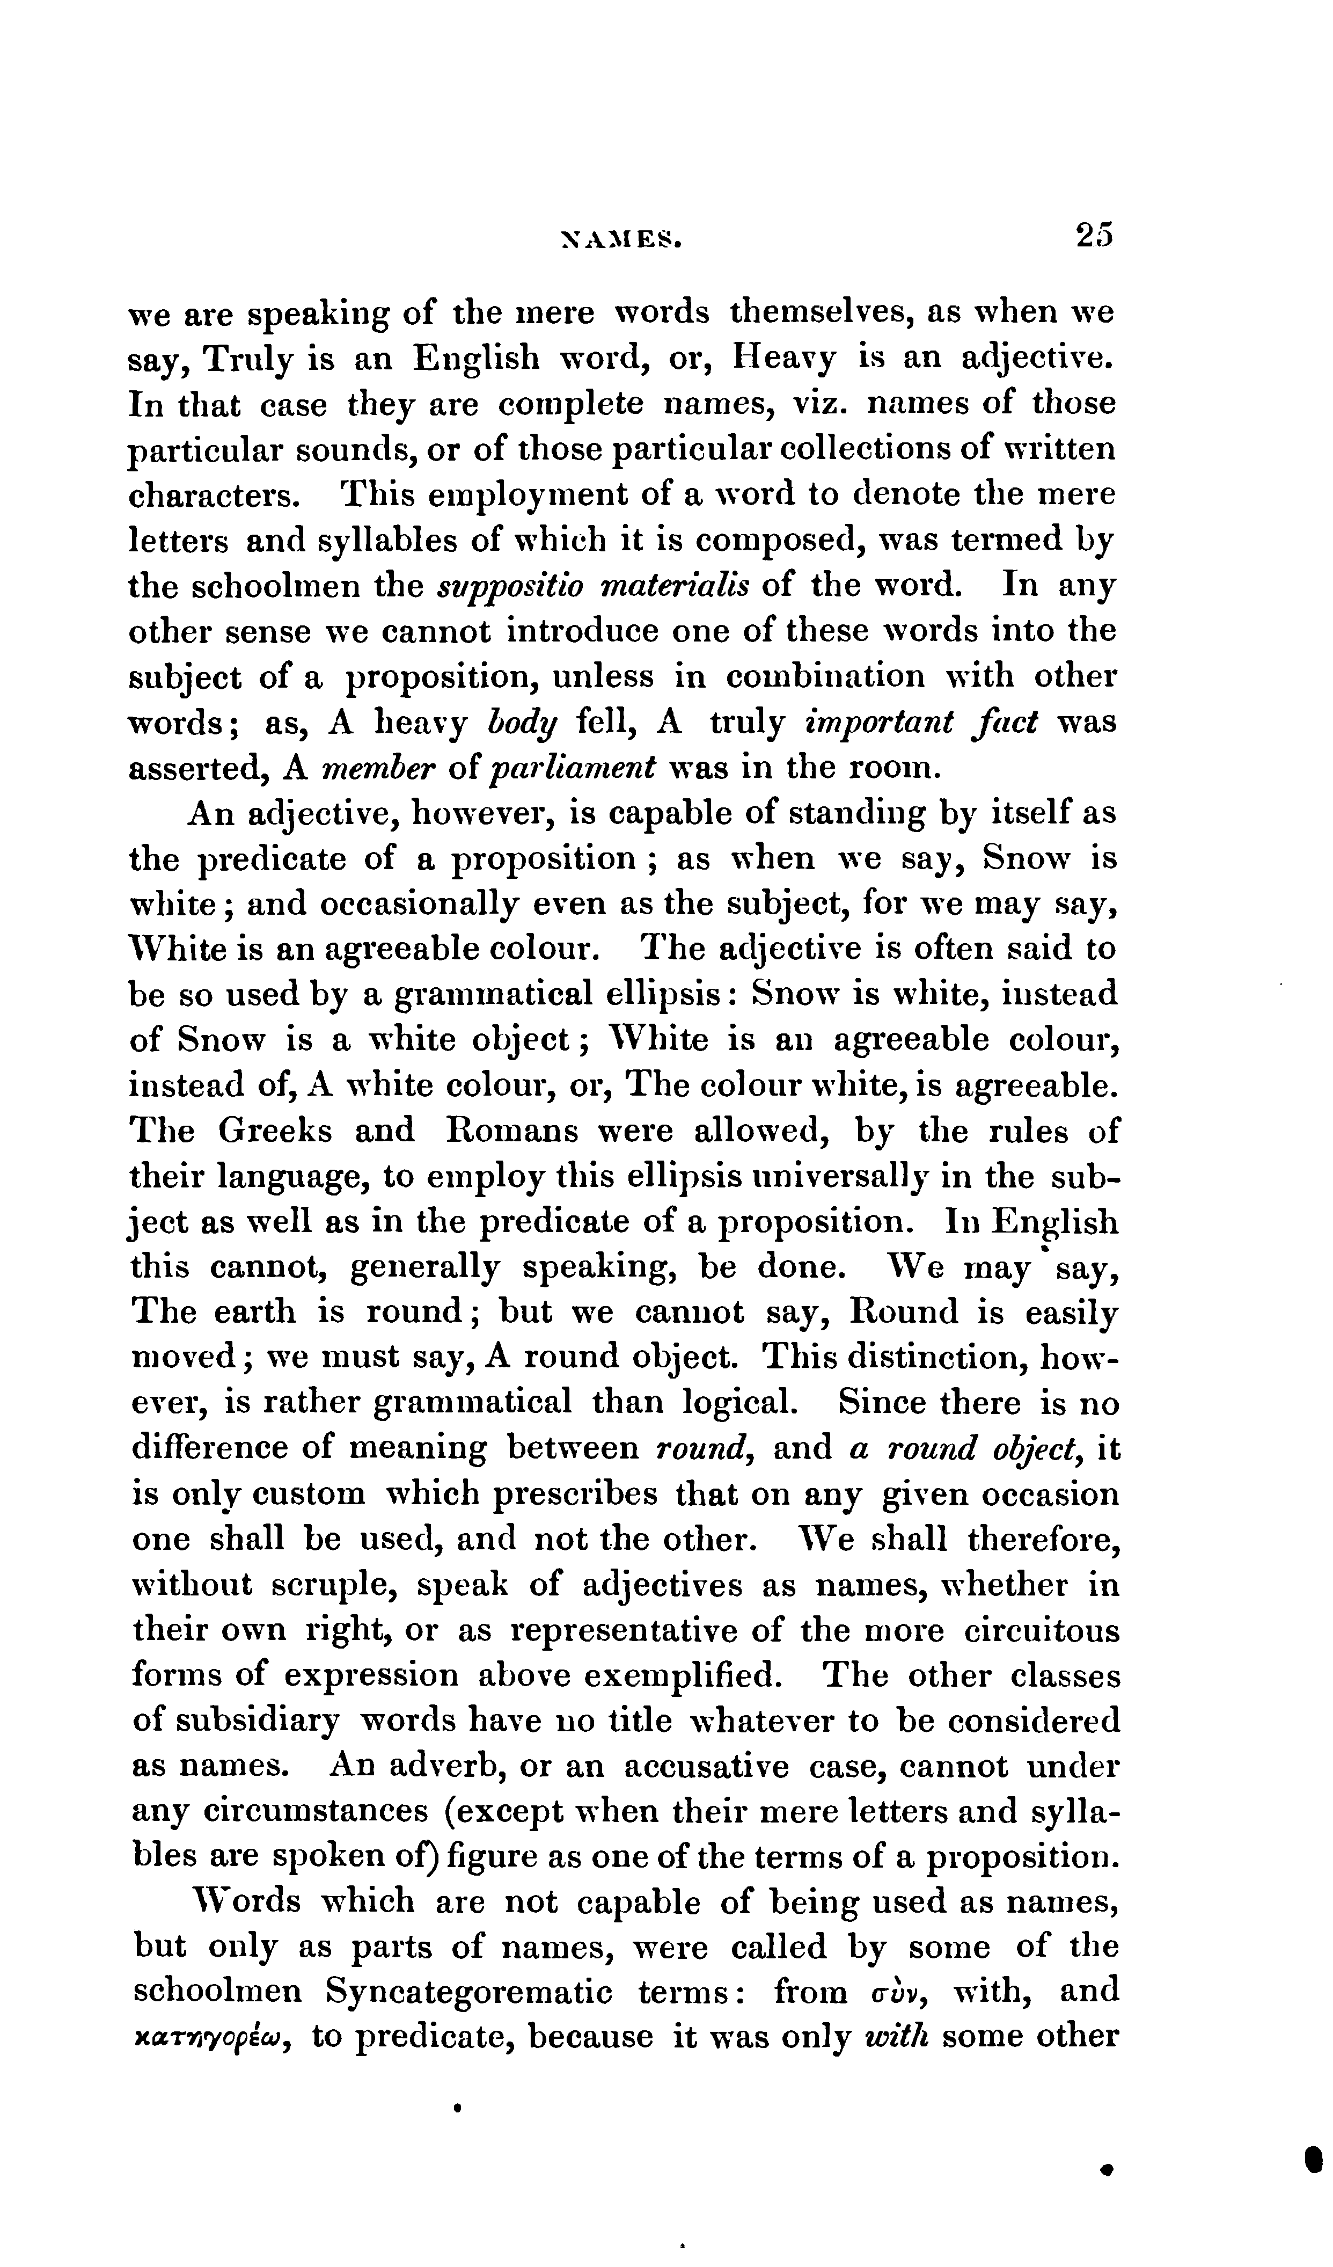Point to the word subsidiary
(x=257, y=1721)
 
